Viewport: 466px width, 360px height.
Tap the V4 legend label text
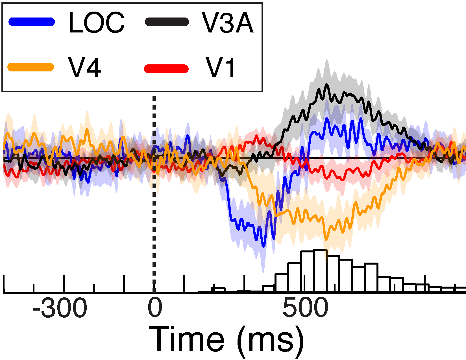(x=84, y=68)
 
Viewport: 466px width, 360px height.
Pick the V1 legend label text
(x=221, y=68)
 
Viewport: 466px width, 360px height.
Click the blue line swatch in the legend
(x=32, y=22)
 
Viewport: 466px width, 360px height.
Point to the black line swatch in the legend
(x=167, y=22)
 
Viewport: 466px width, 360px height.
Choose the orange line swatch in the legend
(x=31, y=67)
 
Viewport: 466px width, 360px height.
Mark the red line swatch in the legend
(x=166, y=69)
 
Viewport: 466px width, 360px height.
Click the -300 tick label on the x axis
(x=60, y=308)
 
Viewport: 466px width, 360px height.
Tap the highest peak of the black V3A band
(x=327, y=61)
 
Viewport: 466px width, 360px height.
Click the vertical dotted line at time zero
(x=154, y=198)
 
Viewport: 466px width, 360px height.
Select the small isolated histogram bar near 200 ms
(x=218, y=289)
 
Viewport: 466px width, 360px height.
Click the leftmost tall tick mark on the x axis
(x=4, y=283)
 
